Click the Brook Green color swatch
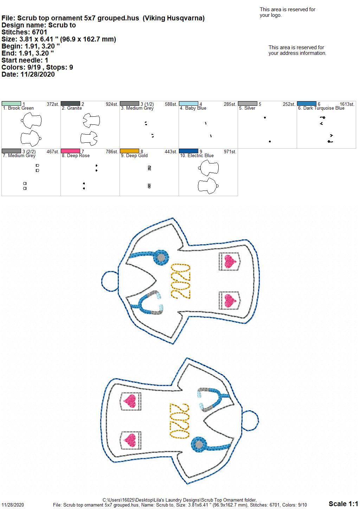[11, 104]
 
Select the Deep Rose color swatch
[70, 151]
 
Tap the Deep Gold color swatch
[129, 151]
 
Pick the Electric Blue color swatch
[188, 151]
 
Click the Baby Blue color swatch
[188, 104]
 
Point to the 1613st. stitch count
[347, 104]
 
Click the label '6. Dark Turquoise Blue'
[321, 108]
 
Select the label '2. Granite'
[72, 108]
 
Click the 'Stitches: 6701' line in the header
[24, 32]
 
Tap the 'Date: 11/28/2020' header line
[28, 74]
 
